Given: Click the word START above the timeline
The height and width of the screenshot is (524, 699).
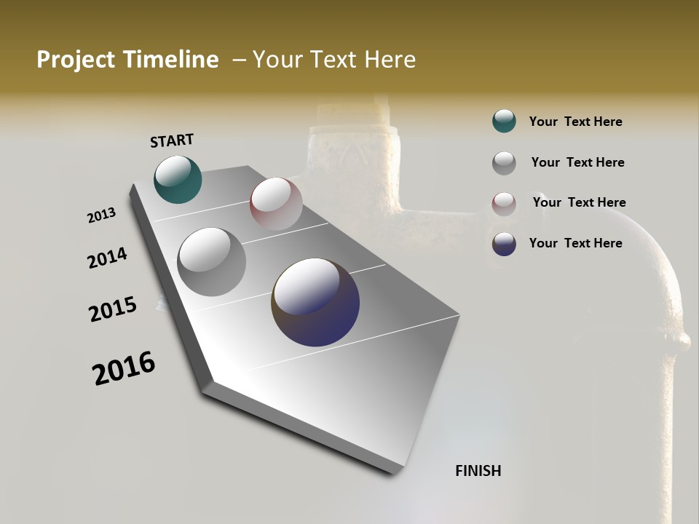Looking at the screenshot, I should (x=172, y=140).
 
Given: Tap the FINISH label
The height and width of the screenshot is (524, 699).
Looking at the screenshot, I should (x=478, y=471).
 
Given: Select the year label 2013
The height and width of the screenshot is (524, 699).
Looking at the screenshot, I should (x=102, y=215).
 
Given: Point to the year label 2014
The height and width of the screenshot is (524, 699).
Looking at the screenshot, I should (x=108, y=258).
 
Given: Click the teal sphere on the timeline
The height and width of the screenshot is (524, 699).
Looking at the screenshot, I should (x=178, y=179).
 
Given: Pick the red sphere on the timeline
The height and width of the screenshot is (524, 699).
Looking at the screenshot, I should (x=276, y=204).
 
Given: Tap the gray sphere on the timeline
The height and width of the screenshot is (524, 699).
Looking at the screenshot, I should (x=211, y=261).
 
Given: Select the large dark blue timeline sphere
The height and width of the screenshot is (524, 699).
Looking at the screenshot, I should (x=315, y=302).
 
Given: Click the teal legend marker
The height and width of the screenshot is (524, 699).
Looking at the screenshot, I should (x=504, y=122).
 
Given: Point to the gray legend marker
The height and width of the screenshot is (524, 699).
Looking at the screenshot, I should (x=504, y=163).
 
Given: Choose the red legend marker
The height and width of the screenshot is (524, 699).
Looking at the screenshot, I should (x=504, y=203).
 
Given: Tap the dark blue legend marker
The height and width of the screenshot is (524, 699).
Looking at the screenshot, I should (x=504, y=244).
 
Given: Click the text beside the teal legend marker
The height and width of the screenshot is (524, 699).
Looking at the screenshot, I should (x=575, y=122).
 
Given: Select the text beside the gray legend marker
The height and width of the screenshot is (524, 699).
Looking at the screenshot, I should (x=577, y=162).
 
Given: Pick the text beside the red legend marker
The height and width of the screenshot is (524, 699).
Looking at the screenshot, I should (x=579, y=202).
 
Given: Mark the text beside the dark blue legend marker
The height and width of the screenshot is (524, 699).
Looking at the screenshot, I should (x=575, y=243).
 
